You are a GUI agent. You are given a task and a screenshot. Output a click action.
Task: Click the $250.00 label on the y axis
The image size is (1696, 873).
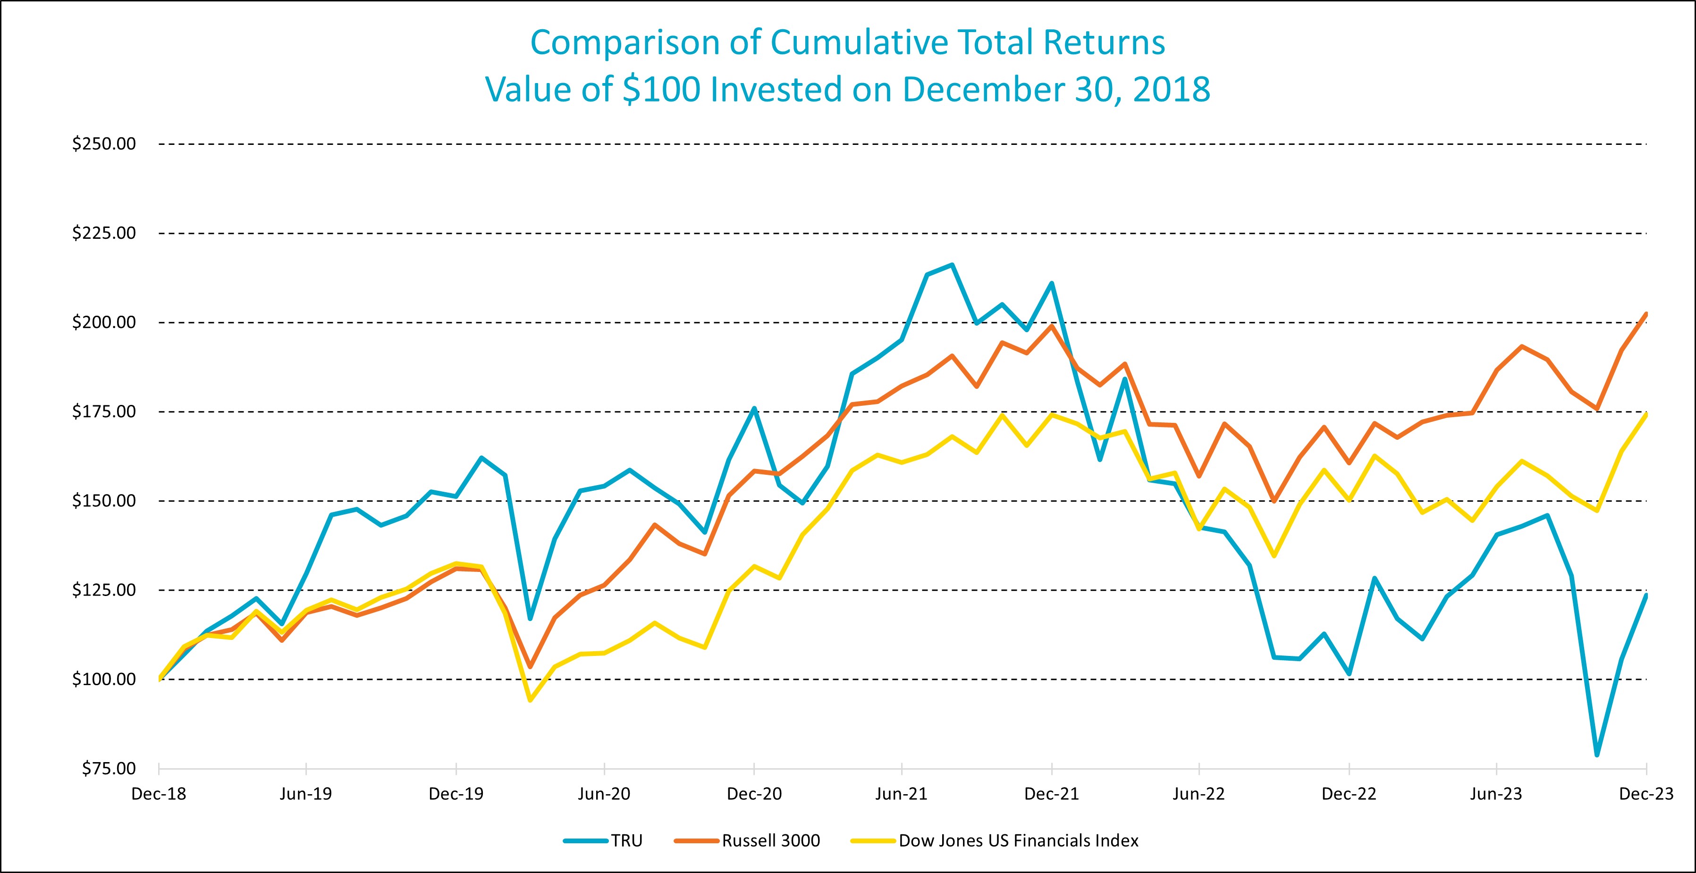(104, 143)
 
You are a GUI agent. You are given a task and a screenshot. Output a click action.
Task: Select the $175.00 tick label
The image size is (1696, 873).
(104, 411)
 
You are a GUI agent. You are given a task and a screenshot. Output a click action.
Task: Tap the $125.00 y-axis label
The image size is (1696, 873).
(104, 590)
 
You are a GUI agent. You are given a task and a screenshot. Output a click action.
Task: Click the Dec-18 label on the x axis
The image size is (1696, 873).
(159, 794)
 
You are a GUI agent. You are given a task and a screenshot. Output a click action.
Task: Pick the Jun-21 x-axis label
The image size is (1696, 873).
(901, 794)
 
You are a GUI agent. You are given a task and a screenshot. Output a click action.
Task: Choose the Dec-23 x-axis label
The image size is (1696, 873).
(1646, 794)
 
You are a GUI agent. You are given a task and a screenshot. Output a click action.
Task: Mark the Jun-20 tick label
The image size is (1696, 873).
(604, 794)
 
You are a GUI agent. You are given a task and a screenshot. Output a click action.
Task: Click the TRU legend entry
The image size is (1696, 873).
(626, 841)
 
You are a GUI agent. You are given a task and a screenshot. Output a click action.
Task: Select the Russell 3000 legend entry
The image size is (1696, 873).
(771, 841)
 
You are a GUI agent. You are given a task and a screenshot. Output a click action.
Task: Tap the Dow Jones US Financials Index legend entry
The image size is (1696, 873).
(1019, 841)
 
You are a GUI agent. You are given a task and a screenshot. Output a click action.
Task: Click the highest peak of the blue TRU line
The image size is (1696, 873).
(952, 265)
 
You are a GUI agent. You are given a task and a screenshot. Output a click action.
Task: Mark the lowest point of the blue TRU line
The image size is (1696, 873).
(1596, 755)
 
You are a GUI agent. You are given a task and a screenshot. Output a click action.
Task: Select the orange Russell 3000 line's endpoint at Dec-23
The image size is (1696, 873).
(1646, 314)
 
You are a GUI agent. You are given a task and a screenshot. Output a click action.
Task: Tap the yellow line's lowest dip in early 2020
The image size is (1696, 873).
(530, 700)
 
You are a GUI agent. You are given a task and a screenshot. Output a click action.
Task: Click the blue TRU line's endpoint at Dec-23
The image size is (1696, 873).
(1646, 595)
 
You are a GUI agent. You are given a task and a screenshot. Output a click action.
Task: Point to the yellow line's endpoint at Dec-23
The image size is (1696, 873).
(1646, 414)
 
